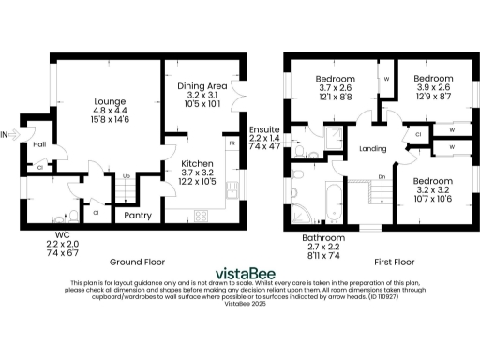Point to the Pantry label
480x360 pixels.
click(x=139, y=215)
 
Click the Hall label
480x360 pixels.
click(x=39, y=144)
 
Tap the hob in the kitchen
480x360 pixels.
click(x=200, y=216)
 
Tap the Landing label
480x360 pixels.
click(x=374, y=148)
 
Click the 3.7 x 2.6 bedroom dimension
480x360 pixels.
click(x=334, y=87)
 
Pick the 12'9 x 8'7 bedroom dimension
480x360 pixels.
click(x=434, y=97)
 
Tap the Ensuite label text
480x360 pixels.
click(x=265, y=127)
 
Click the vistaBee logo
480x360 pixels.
click(x=238, y=275)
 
